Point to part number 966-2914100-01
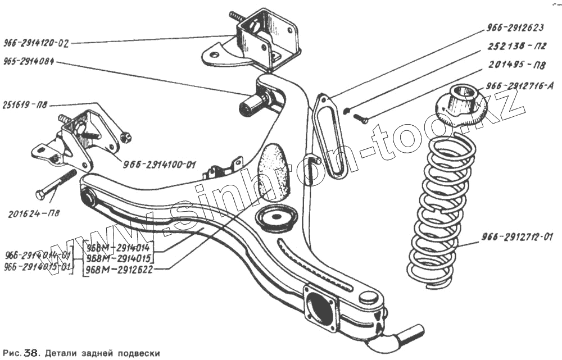[x=159, y=165]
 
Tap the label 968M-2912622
[x=119, y=270]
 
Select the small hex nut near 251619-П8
[x=126, y=135]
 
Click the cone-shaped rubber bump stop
[x=274, y=171]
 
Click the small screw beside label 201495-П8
[x=360, y=119]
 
